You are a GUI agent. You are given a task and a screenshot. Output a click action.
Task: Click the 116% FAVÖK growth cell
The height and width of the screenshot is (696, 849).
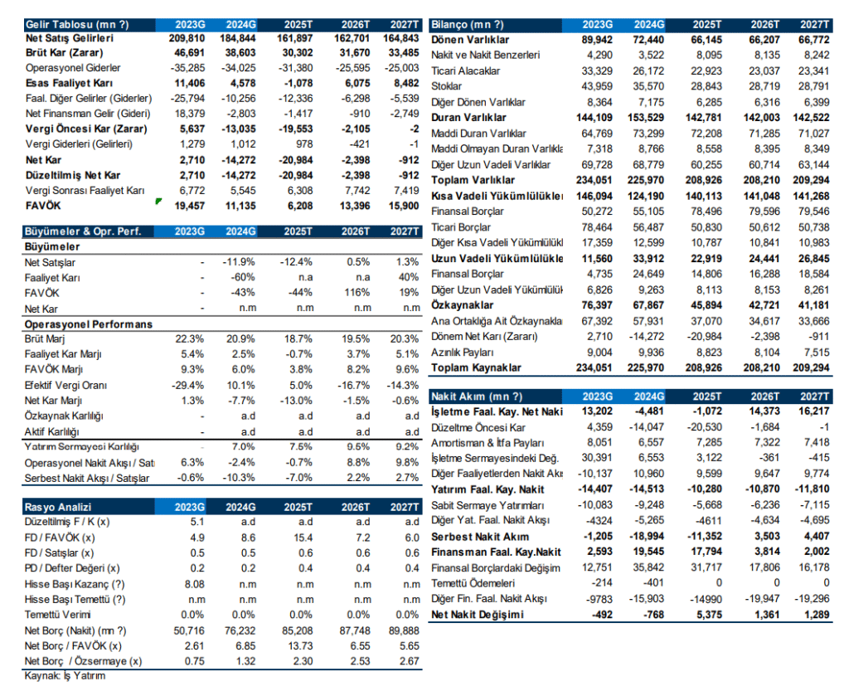(x=356, y=292)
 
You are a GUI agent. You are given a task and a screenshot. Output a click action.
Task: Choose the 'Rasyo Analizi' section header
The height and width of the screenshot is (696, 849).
(x=58, y=507)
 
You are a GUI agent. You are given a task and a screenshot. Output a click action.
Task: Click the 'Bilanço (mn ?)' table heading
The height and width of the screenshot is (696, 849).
(x=468, y=25)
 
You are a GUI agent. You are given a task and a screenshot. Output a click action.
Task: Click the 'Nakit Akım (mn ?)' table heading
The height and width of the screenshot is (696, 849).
(x=478, y=397)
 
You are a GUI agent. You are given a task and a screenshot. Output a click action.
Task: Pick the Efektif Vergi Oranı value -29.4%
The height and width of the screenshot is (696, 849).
(x=187, y=386)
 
